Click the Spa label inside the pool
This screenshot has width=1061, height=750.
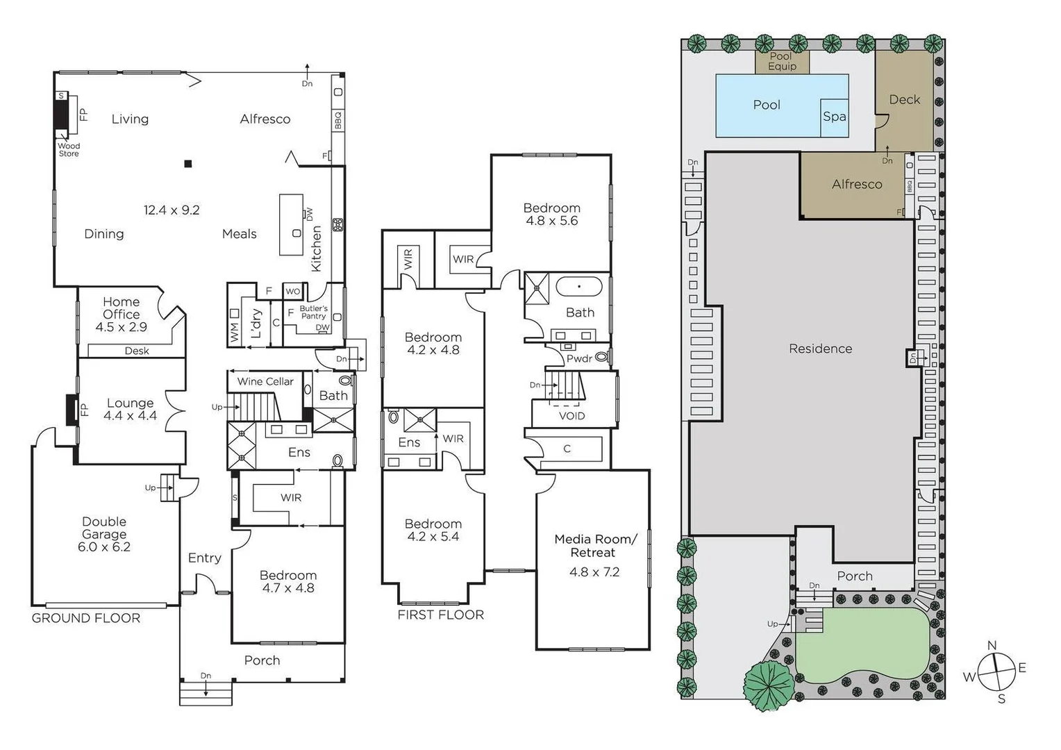point(834,117)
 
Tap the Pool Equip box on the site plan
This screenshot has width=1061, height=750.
point(782,61)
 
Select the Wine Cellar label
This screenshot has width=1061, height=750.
point(265,381)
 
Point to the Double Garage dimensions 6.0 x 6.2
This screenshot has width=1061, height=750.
point(104,547)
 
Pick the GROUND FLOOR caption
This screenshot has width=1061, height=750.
point(86,618)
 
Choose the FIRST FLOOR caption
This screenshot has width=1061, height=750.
point(440,615)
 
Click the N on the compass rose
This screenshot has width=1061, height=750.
point(992,646)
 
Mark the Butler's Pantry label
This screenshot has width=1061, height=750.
point(313,312)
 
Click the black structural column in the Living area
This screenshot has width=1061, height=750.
point(187,164)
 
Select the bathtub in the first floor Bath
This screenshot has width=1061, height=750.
point(579,287)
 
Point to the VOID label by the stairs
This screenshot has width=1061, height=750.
point(571,416)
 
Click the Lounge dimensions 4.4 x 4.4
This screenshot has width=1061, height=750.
point(130,416)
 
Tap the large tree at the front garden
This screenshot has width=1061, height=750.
point(769,685)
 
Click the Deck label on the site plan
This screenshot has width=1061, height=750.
point(904,100)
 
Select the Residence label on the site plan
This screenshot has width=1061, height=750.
point(820,349)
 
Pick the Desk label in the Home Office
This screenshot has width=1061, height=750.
point(137,351)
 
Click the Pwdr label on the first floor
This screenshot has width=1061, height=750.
point(579,358)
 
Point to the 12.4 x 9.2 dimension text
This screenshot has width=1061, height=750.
point(172,210)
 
